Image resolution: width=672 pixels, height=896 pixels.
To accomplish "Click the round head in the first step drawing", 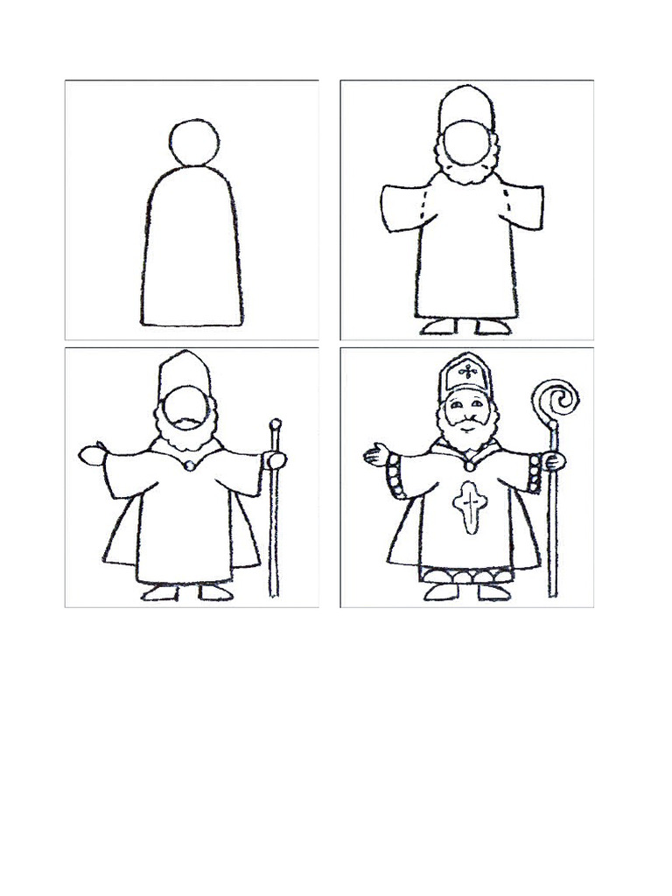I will pos(194,142).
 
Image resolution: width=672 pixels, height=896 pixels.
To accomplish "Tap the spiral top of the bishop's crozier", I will pos(556,399).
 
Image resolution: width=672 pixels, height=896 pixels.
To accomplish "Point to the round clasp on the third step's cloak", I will pos(188,465).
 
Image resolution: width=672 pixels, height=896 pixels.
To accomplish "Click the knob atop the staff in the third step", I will pos(276,426).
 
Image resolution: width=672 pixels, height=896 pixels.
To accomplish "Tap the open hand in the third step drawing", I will pos(90,454).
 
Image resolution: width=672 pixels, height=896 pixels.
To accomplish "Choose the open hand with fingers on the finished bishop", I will pos(376,453).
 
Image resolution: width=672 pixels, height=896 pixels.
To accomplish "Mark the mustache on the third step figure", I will pos(186,423).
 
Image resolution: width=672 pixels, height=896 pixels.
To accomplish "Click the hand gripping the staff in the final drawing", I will pos(554,460).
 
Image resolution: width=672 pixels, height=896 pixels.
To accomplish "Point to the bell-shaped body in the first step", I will pos(192,249).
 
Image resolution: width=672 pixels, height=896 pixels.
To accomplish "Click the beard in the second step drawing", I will pos(465,173).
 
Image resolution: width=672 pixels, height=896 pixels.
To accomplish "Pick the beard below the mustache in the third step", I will pos(186,442).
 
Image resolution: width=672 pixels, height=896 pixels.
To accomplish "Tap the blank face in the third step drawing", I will pos(186,404).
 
